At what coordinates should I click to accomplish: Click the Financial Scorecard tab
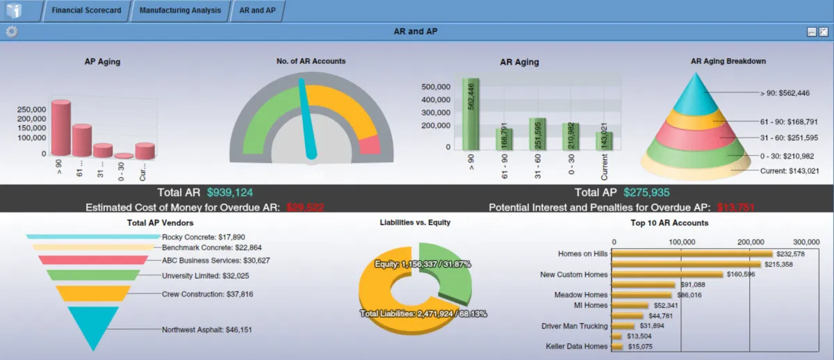click(x=86, y=11)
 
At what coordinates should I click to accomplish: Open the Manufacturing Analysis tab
click(x=179, y=11)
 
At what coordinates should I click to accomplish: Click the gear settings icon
click(x=11, y=31)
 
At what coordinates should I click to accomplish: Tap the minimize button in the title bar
click(x=811, y=31)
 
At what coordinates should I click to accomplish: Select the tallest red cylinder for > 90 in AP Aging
click(x=60, y=129)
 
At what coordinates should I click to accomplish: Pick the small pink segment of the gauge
click(x=370, y=145)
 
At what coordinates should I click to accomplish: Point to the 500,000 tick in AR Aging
click(x=436, y=87)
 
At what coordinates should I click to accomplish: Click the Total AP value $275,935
click(x=646, y=193)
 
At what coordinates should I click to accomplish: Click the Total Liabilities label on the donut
click(x=423, y=313)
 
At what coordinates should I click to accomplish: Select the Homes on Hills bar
click(x=692, y=254)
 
